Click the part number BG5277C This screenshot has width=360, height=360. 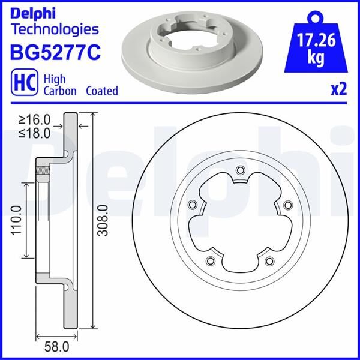[x=55, y=52]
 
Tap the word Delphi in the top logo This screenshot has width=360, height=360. [x=33, y=14]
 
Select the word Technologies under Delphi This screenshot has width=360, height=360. [x=55, y=29]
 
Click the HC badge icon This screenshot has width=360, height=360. [x=25, y=82]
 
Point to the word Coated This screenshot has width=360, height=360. [x=102, y=91]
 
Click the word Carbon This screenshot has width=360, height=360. [x=60, y=91]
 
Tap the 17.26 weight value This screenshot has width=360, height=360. [x=316, y=40]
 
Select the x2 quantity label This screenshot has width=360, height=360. [x=338, y=89]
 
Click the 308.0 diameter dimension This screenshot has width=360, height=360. [x=103, y=220]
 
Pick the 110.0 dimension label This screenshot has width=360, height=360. [x=17, y=220]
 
